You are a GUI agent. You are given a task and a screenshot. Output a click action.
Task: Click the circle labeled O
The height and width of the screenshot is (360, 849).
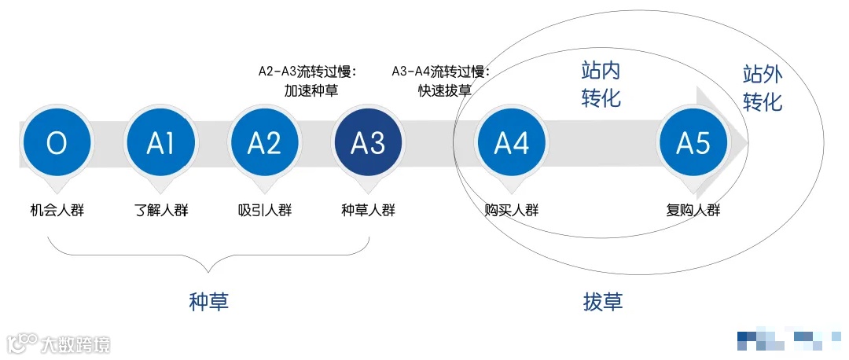[x=57, y=143]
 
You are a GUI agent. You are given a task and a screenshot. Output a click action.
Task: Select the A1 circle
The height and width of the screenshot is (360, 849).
[x=160, y=143]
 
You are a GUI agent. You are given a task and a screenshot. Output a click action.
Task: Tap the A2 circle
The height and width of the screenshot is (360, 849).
[x=264, y=143]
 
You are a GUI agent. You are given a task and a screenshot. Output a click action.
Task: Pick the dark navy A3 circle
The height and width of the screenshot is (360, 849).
[x=368, y=143]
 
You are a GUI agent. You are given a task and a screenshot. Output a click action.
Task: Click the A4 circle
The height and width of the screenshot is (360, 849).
[x=512, y=143]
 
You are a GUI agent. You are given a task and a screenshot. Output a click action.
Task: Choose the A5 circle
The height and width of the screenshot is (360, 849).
[x=693, y=143]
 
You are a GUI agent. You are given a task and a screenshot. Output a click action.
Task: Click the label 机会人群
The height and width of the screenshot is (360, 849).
[x=57, y=210]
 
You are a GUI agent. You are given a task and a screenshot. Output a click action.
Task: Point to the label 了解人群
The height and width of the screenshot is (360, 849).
[x=161, y=210]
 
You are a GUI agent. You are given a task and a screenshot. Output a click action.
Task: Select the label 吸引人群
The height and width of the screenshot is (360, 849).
[x=265, y=210]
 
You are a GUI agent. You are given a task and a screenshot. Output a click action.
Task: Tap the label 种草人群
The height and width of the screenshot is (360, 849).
[x=368, y=210]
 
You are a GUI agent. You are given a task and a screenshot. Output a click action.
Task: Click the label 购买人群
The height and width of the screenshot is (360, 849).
[x=512, y=210]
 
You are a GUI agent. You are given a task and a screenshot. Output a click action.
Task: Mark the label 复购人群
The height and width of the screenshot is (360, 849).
[x=693, y=210]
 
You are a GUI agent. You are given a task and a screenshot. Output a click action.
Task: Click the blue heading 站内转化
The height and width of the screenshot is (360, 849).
[x=601, y=84]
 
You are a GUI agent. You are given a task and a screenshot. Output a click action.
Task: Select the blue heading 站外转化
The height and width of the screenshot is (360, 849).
[x=763, y=88]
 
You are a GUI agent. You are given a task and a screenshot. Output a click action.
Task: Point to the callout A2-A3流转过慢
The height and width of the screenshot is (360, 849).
[x=307, y=72]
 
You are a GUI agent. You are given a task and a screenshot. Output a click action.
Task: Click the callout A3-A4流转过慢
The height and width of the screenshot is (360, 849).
[x=441, y=72]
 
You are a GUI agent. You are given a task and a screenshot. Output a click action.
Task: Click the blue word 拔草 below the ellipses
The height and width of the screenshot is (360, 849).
[x=603, y=301]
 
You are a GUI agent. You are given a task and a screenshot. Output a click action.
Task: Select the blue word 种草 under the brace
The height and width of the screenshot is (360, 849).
[x=209, y=301]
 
